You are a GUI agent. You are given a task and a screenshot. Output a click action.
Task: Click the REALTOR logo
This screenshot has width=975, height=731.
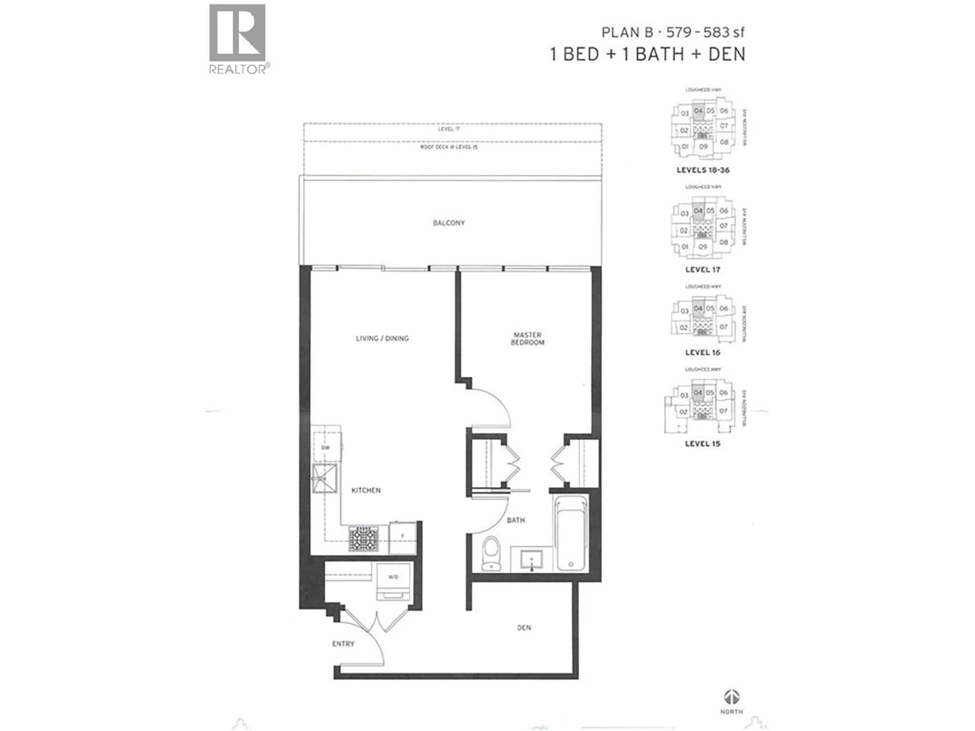click(x=238, y=39)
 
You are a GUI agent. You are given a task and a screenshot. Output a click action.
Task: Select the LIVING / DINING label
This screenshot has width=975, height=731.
click(x=382, y=338)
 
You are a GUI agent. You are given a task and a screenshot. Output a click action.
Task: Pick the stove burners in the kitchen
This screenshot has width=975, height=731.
click(x=364, y=538)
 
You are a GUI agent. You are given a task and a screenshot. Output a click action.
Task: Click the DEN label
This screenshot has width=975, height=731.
click(x=524, y=627)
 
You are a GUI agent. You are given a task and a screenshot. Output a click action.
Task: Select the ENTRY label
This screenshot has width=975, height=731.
click(x=343, y=644)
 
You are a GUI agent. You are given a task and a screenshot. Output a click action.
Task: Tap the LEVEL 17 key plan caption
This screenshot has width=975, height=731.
click(x=703, y=270)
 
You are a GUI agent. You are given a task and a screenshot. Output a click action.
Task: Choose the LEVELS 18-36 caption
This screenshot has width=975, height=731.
click(x=703, y=170)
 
